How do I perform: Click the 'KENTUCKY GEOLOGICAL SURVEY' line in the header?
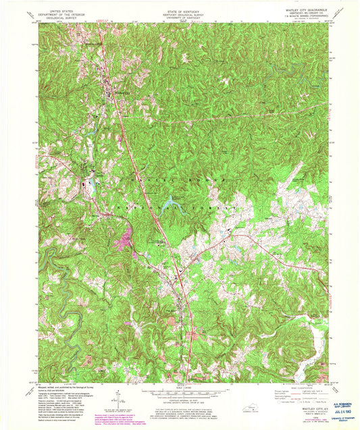point(180,11)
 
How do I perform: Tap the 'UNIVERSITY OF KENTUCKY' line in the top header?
point(180,15)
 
